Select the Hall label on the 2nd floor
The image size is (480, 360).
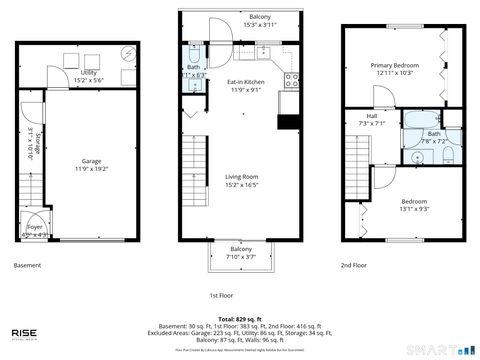coord(372,118)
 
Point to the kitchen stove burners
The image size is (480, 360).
coord(292,78)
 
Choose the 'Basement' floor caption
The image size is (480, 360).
coord(27,267)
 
